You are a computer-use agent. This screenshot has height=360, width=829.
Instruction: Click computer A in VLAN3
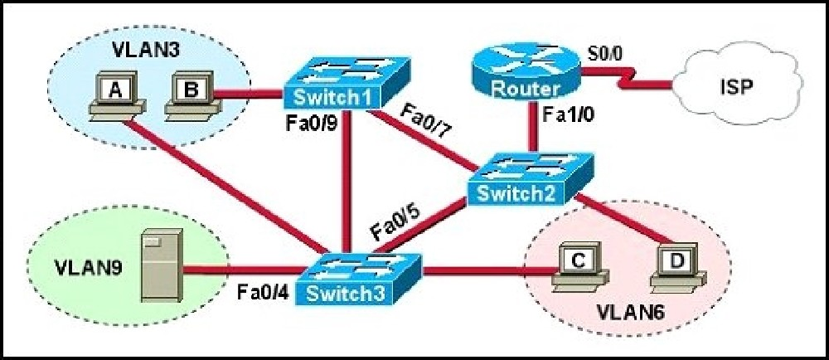[x=116, y=94]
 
